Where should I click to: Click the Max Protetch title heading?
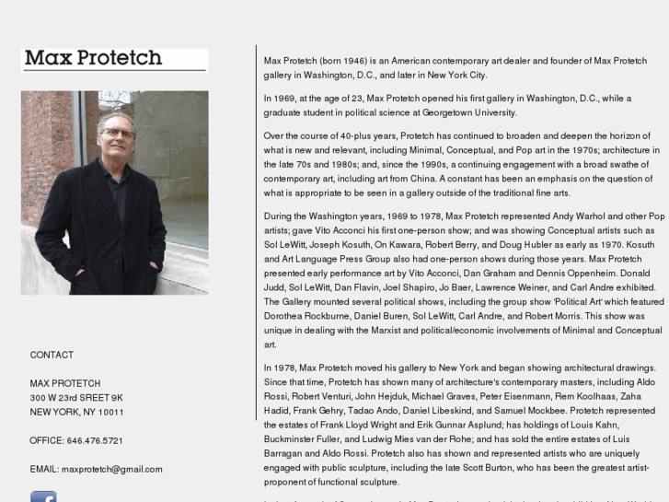click(x=93, y=58)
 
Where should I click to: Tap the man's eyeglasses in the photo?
click(x=118, y=134)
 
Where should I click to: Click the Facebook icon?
click(x=43, y=497)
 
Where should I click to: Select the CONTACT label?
click(x=52, y=355)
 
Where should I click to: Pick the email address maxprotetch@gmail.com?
click(x=111, y=469)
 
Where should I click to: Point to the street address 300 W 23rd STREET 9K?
click(x=76, y=398)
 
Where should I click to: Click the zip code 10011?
click(x=111, y=412)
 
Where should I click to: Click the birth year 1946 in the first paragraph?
click(x=354, y=61)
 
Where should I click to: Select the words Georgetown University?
click(x=469, y=112)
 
